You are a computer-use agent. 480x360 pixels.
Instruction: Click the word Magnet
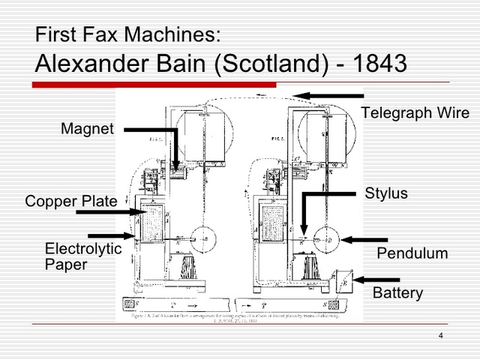tap(87, 130)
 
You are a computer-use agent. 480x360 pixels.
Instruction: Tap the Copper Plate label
tap(70, 202)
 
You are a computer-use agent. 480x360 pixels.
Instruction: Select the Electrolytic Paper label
tap(82, 256)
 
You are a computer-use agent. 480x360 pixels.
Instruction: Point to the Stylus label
tap(386, 193)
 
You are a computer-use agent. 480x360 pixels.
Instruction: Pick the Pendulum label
tap(412, 253)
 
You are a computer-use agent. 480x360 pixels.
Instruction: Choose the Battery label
tap(397, 292)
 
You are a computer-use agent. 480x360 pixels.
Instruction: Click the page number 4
tap(440, 334)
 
